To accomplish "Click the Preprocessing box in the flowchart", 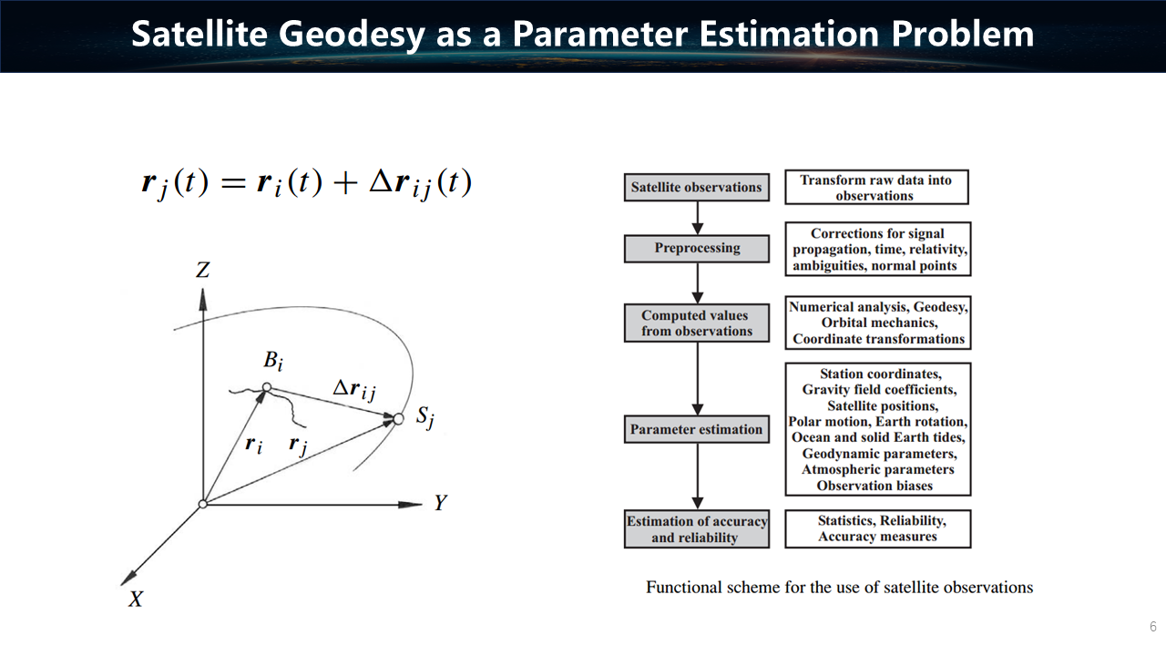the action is (x=697, y=249).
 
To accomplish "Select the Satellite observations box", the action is (x=697, y=188).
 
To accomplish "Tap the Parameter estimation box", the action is (x=697, y=429).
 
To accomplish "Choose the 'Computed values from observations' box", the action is (x=697, y=323).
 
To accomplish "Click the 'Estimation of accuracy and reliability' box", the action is (x=697, y=529).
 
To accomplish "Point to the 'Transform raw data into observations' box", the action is (x=876, y=187).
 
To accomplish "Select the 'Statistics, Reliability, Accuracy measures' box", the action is (x=877, y=529).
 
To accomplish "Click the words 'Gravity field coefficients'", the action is (x=879, y=389).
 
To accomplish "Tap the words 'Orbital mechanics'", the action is (x=879, y=323).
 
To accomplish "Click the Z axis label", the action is (x=202, y=270).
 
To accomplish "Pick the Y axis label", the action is (x=440, y=503).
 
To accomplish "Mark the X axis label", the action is (x=136, y=600).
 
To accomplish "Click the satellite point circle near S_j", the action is (x=398, y=418).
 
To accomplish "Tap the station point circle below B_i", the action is (x=267, y=387).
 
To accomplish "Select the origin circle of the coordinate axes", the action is (x=203, y=504).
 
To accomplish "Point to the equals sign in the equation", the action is (x=233, y=183).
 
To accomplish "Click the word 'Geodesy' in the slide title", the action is (x=352, y=35).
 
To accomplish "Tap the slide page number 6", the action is (x=1153, y=626).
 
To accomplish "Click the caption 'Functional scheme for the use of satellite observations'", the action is (x=839, y=588).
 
